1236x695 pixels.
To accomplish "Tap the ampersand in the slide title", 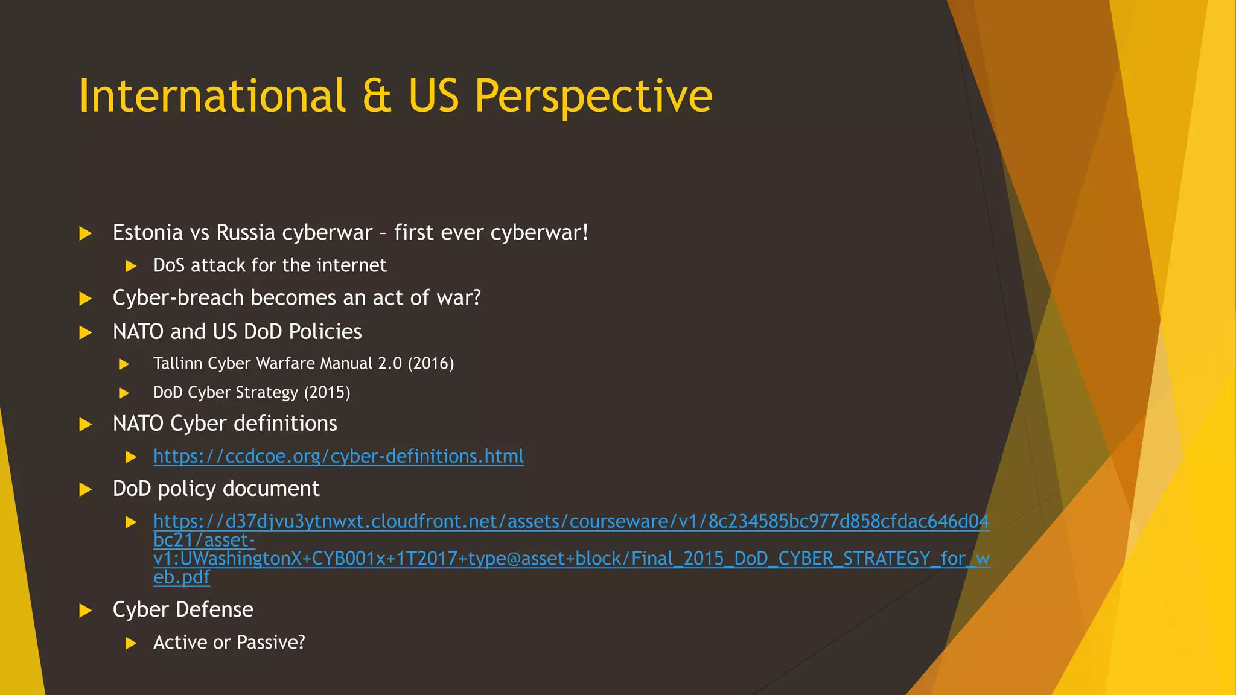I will [x=377, y=96].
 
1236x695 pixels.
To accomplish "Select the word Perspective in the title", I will [x=593, y=96].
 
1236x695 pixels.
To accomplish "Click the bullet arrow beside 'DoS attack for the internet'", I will [x=131, y=266].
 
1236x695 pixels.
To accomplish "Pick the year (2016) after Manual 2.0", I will [x=431, y=363].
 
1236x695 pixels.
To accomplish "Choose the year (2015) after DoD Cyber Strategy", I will [x=327, y=393].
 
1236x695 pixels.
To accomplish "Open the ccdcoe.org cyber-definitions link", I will [x=339, y=456].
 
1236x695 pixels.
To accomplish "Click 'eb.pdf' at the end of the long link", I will [x=181, y=577].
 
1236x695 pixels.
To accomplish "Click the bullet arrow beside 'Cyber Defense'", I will [x=86, y=611].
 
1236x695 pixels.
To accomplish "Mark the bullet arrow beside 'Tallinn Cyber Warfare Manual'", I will [x=125, y=364].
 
